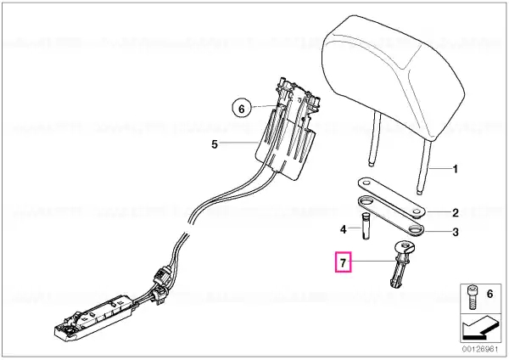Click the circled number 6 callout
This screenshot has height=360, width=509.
[x=241, y=109]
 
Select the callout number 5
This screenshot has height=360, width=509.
[x=215, y=144]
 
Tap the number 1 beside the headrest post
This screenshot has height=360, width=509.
[x=455, y=169]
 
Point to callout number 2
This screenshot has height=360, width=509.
[x=456, y=213]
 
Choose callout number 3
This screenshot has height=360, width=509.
[x=456, y=233]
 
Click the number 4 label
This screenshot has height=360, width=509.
[x=343, y=229]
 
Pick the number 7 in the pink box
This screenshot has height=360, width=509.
[x=343, y=262]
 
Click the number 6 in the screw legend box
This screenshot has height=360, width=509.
[x=489, y=294]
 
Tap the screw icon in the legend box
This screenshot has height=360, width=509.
[x=472, y=297]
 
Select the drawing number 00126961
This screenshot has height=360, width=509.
[x=480, y=350]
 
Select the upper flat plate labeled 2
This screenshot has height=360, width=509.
[x=391, y=197]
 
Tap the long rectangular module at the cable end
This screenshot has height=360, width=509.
[x=94, y=317]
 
